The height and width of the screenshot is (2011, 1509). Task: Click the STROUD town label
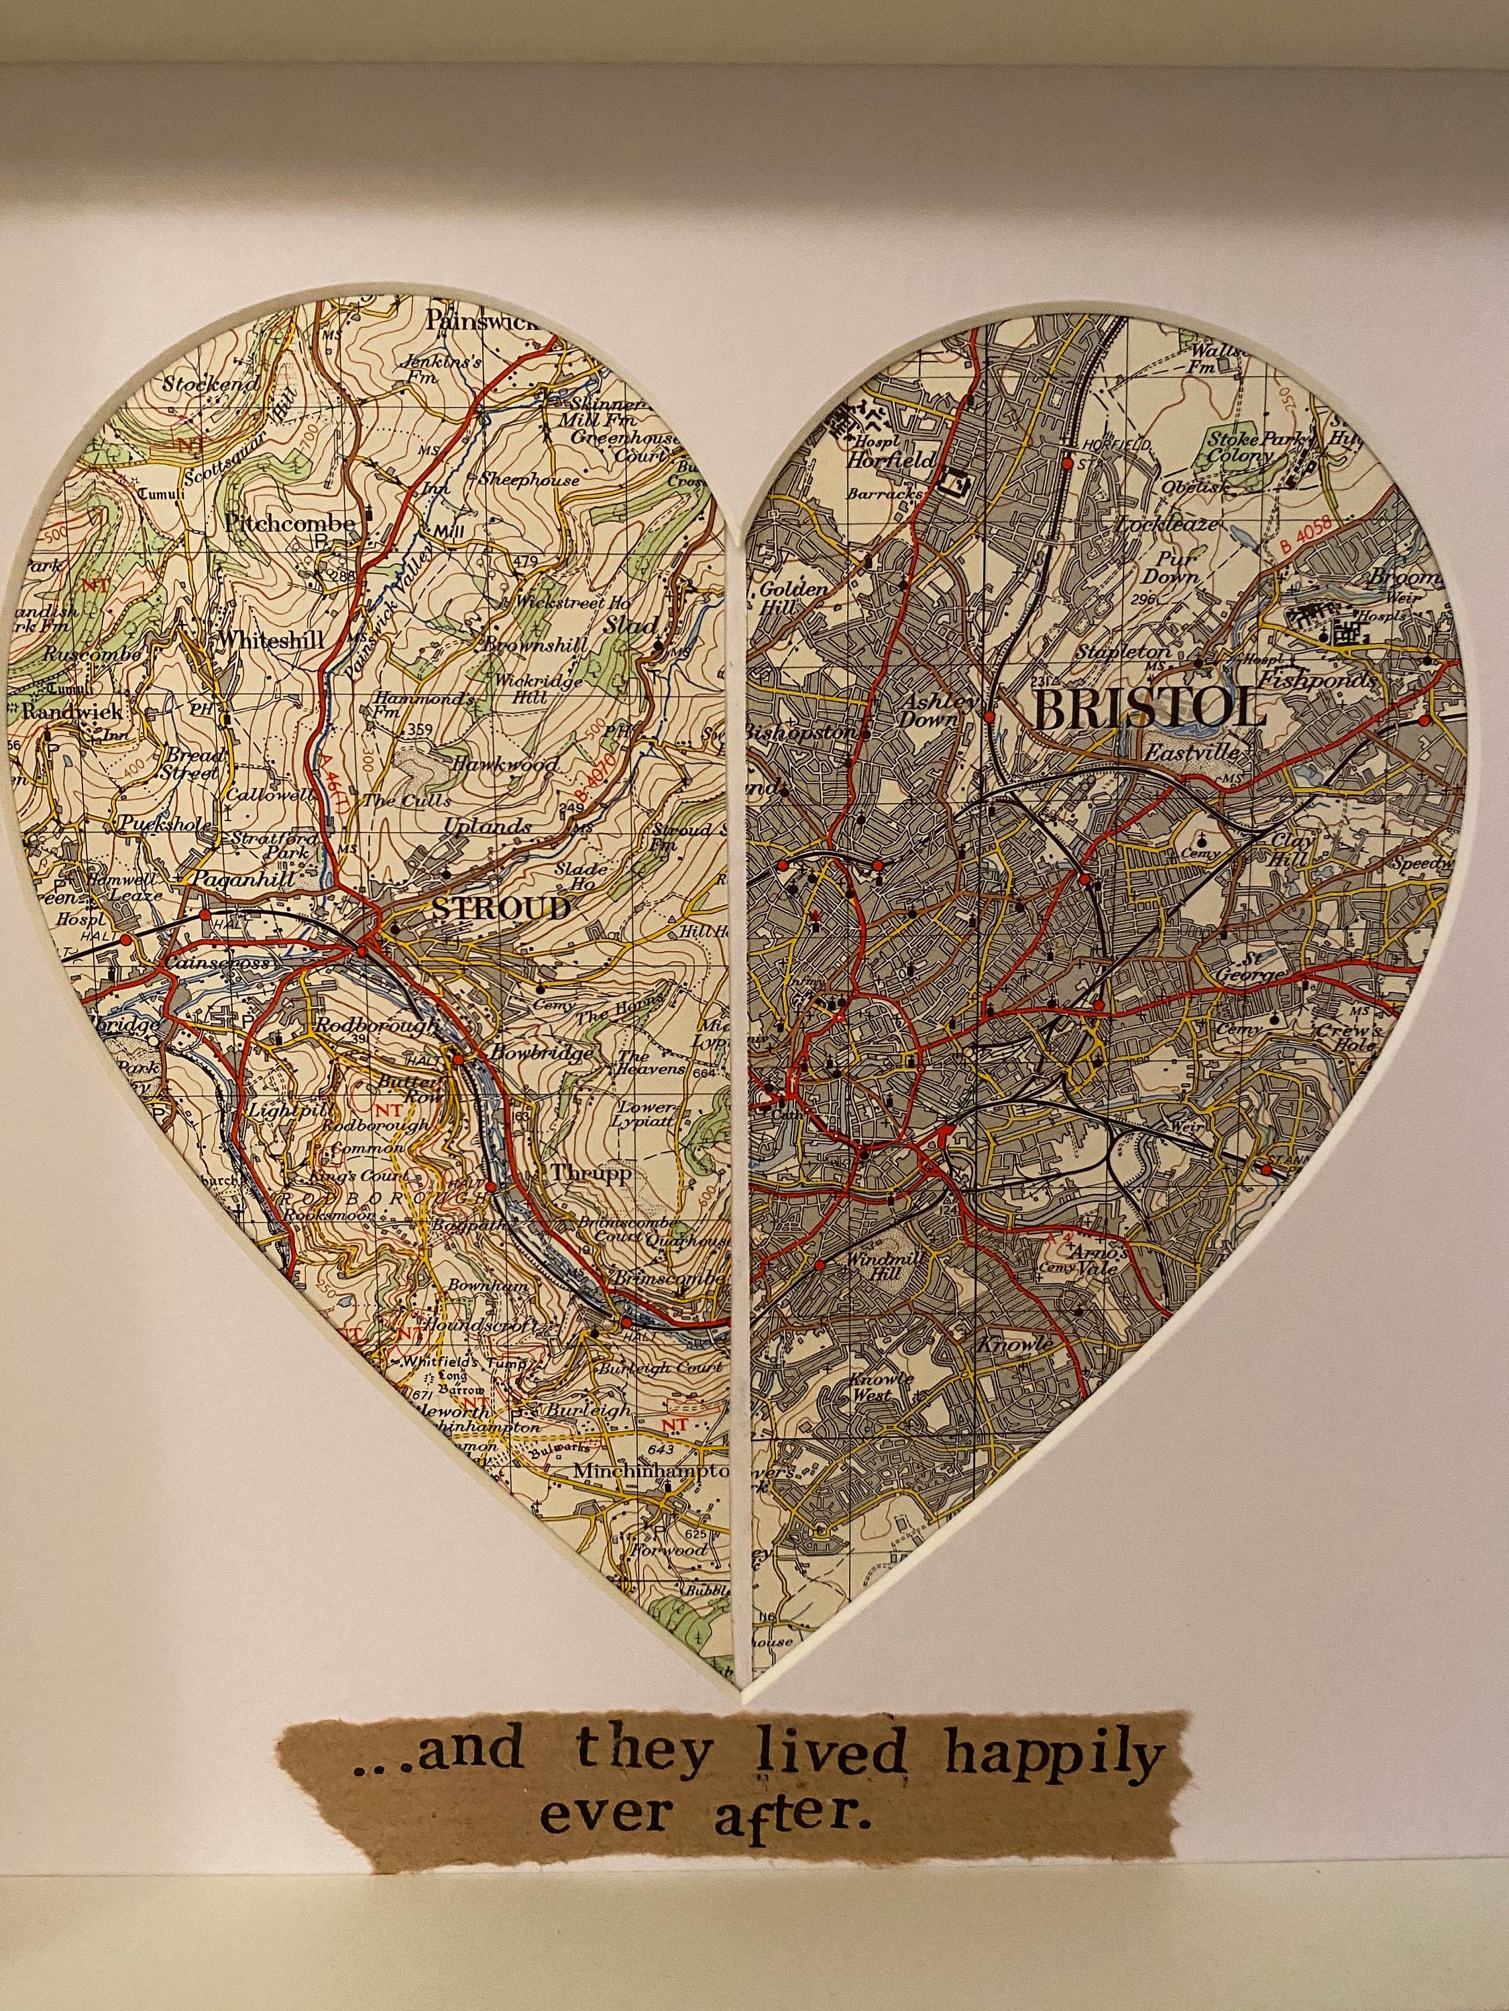coord(501,908)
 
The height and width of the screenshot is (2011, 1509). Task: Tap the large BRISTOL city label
coord(1149,710)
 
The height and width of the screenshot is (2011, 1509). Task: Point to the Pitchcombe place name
coord(288,525)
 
